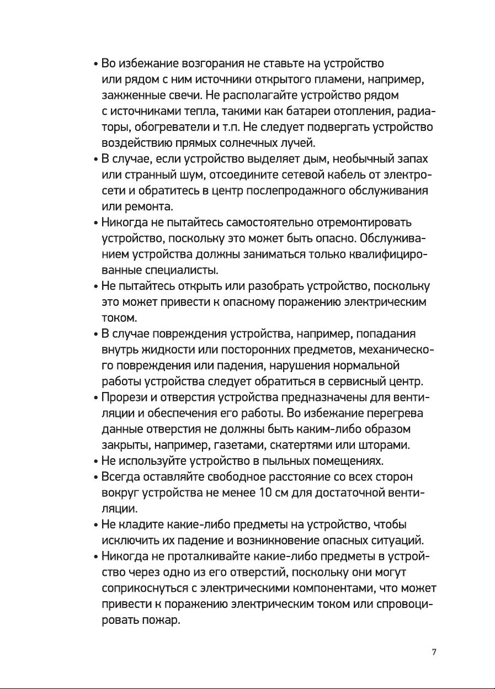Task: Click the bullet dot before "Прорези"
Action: click(96, 398)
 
